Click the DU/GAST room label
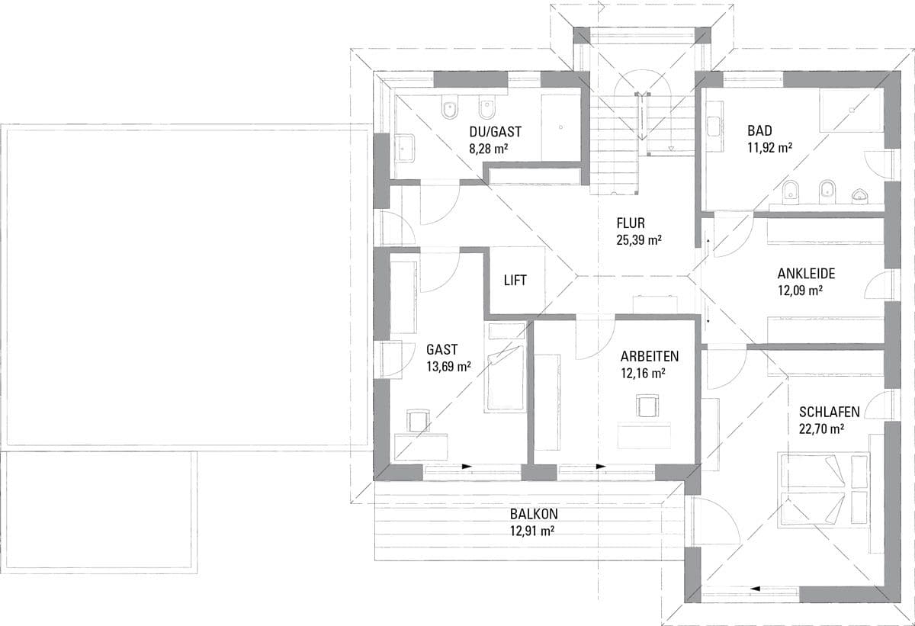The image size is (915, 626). click(495, 132)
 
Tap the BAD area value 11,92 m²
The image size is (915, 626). click(770, 147)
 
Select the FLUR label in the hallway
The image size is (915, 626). click(631, 223)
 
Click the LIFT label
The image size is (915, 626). click(515, 280)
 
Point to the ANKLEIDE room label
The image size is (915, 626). click(807, 273)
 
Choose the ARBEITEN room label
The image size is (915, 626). click(650, 356)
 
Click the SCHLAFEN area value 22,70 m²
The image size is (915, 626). click(822, 429)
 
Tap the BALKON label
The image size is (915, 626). click(534, 514)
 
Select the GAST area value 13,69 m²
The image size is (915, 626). click(448, 366)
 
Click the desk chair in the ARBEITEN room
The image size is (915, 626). click(647, 406)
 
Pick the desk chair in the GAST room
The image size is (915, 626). click(418, 422)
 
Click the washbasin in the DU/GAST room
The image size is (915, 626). click(405, 148)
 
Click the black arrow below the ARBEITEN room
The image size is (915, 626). click(601, 467)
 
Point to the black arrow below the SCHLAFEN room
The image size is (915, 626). click(755, 589)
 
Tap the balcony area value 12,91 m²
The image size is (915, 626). click(532, 531)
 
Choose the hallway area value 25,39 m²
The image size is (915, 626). click(639, 239)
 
